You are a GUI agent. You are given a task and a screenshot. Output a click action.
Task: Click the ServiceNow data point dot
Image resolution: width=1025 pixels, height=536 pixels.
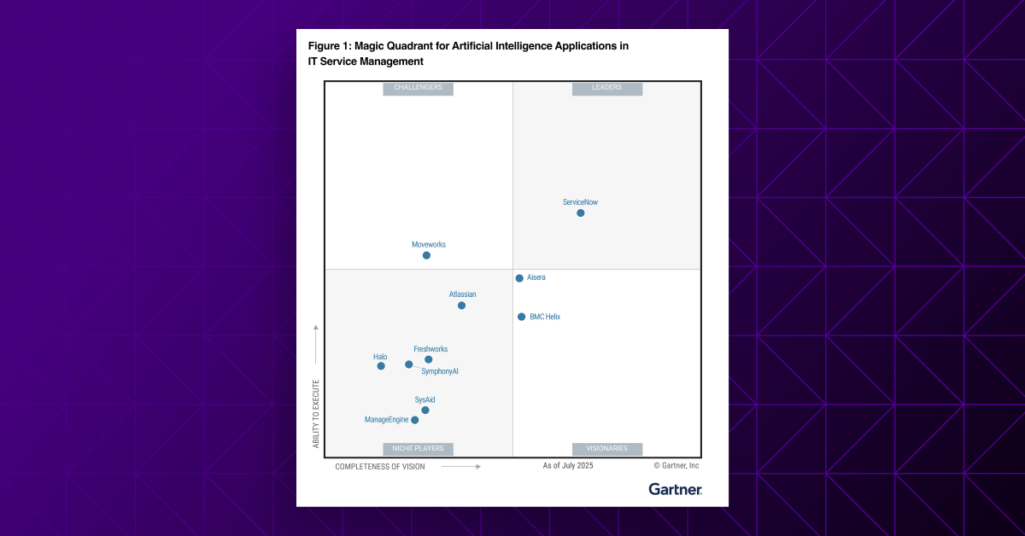tap(581, 213)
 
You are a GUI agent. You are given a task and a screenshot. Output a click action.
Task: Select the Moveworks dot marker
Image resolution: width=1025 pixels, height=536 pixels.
tap(426, 255)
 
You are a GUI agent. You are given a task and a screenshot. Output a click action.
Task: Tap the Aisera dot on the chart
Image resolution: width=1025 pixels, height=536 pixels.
tap(519, 278)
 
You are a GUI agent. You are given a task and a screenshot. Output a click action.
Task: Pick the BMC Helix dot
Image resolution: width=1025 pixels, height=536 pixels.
tap(522, 317)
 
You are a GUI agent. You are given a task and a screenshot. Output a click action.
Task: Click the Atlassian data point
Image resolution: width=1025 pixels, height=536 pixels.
tap(461, 306)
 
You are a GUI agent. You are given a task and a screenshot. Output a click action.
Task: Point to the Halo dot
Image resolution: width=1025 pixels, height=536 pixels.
tap(381, 366)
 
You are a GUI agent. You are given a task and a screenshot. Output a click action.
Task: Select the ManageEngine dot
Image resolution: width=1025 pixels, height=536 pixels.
tap(415, 420)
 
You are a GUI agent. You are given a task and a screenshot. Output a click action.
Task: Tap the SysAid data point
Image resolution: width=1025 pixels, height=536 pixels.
tap(425, 411)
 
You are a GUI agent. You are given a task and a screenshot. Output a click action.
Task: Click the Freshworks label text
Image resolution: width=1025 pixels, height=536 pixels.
tap(430, 349)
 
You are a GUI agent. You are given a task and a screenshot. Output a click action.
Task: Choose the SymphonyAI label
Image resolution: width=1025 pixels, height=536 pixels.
tap(440, 371)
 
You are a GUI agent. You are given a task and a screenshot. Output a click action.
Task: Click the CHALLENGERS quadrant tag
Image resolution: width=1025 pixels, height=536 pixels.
tap(419, 88)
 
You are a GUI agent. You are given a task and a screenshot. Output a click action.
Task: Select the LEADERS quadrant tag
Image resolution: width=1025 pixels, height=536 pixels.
tap(607, 88)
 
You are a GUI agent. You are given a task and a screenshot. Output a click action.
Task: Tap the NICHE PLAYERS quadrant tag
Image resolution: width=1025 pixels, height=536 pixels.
tap(419, 449)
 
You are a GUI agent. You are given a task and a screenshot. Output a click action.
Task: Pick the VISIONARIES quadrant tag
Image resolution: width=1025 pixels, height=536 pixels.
tap(607, 449)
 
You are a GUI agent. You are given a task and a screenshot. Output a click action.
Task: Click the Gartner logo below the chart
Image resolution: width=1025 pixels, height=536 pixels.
tap(675, 489)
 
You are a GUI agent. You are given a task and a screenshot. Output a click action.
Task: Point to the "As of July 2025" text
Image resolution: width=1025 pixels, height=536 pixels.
tap(568, 466)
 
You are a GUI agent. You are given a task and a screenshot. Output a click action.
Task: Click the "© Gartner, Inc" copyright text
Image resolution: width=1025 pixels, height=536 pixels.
tap(676, 466)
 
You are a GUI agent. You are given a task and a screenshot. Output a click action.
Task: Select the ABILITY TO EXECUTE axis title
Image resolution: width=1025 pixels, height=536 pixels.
tap(316, 414)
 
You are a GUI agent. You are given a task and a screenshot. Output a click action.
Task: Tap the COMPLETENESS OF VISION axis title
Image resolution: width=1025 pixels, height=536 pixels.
tap(380, 467)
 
